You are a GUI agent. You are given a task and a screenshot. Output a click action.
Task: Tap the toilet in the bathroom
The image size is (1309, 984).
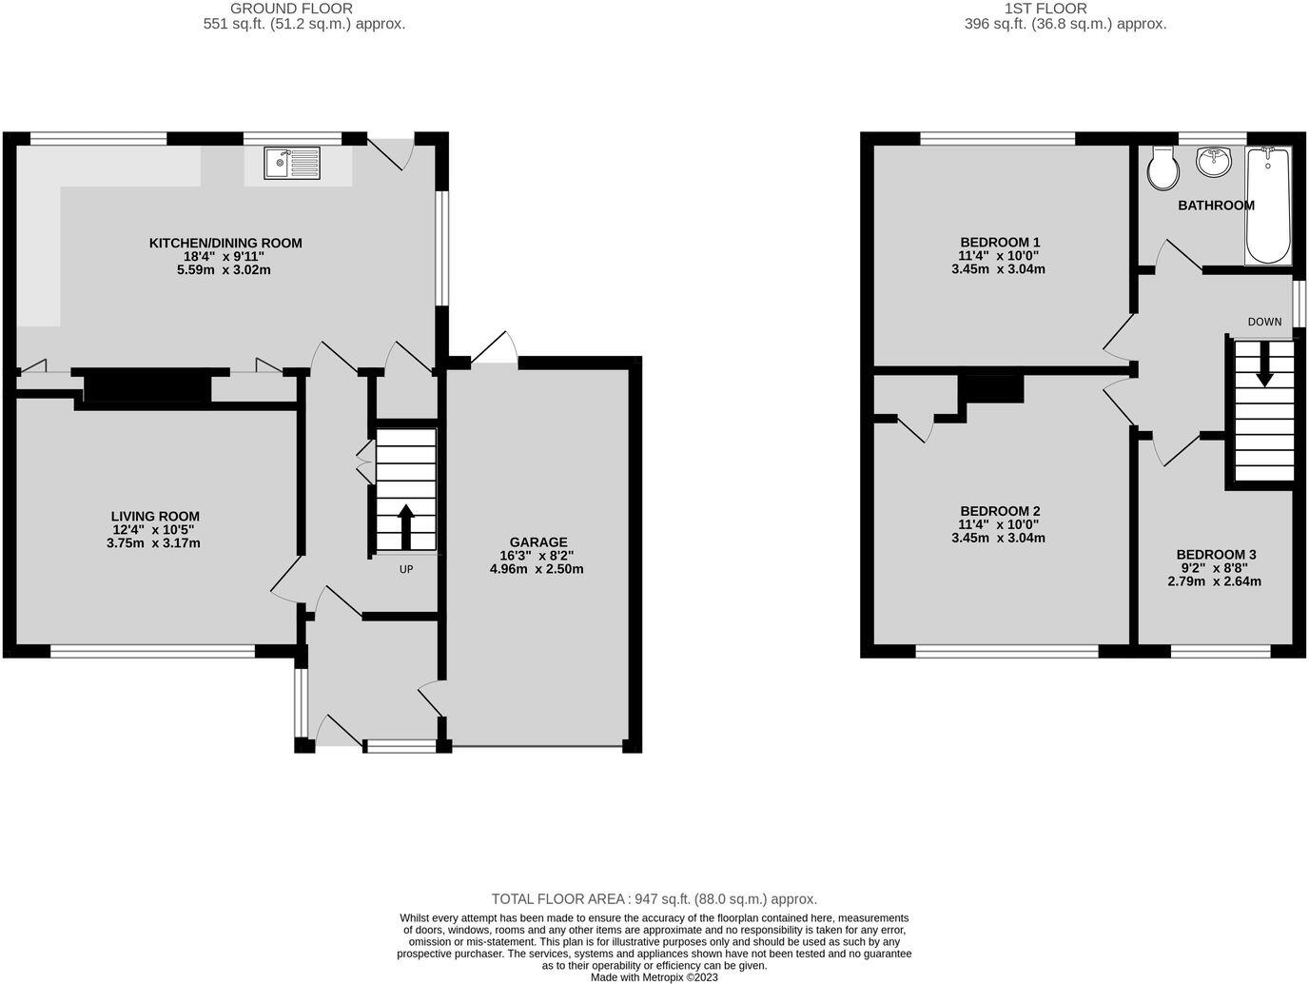1162,169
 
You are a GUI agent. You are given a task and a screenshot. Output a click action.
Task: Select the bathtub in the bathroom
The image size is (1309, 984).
1268,206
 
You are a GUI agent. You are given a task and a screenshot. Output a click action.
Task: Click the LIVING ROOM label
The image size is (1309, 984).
155,517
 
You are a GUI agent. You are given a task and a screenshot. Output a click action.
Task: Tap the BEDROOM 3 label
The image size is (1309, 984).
1216,555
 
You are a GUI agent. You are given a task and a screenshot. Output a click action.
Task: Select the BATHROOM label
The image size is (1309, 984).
1216,206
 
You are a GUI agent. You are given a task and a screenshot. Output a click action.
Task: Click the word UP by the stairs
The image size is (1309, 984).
406,570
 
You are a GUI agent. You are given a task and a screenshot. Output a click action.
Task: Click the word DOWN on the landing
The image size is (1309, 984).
1264,322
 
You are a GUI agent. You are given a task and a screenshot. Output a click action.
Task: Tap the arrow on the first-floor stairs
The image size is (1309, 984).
1264,364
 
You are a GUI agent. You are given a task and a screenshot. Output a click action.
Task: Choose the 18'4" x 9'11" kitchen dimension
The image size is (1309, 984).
225,257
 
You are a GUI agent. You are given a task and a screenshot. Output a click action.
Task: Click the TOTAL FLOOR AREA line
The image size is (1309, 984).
654,899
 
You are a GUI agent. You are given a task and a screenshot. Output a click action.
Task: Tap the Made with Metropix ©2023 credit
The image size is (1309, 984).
654,977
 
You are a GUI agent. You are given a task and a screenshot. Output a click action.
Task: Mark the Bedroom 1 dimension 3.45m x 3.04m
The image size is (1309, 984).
998,269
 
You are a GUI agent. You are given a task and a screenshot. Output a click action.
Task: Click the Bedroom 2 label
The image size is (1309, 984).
1000,511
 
